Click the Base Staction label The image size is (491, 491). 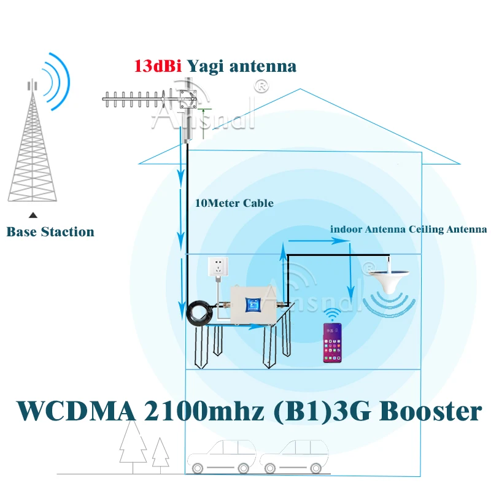tap(50, 232)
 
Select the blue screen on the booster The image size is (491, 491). tap(252, 305)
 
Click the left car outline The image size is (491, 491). tap(222, 457)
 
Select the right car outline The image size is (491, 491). tap(291, 457)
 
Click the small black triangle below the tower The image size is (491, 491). tap(34, 215)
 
